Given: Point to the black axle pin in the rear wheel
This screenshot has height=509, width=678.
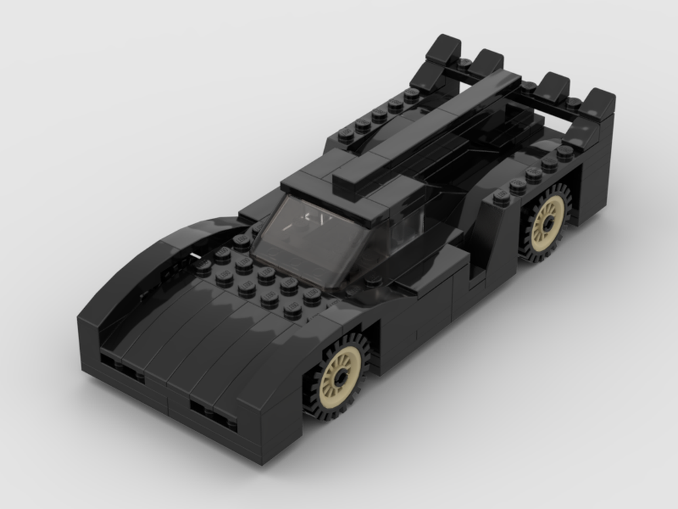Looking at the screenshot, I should coord(548,221).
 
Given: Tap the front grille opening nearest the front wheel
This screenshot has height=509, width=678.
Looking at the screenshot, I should coord(212,411).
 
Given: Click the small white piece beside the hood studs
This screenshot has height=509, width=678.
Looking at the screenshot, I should coord(195,257).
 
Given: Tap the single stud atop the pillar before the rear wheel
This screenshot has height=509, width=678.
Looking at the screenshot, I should coord(502,197).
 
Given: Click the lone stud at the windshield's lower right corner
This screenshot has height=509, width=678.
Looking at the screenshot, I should coord(374,280).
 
